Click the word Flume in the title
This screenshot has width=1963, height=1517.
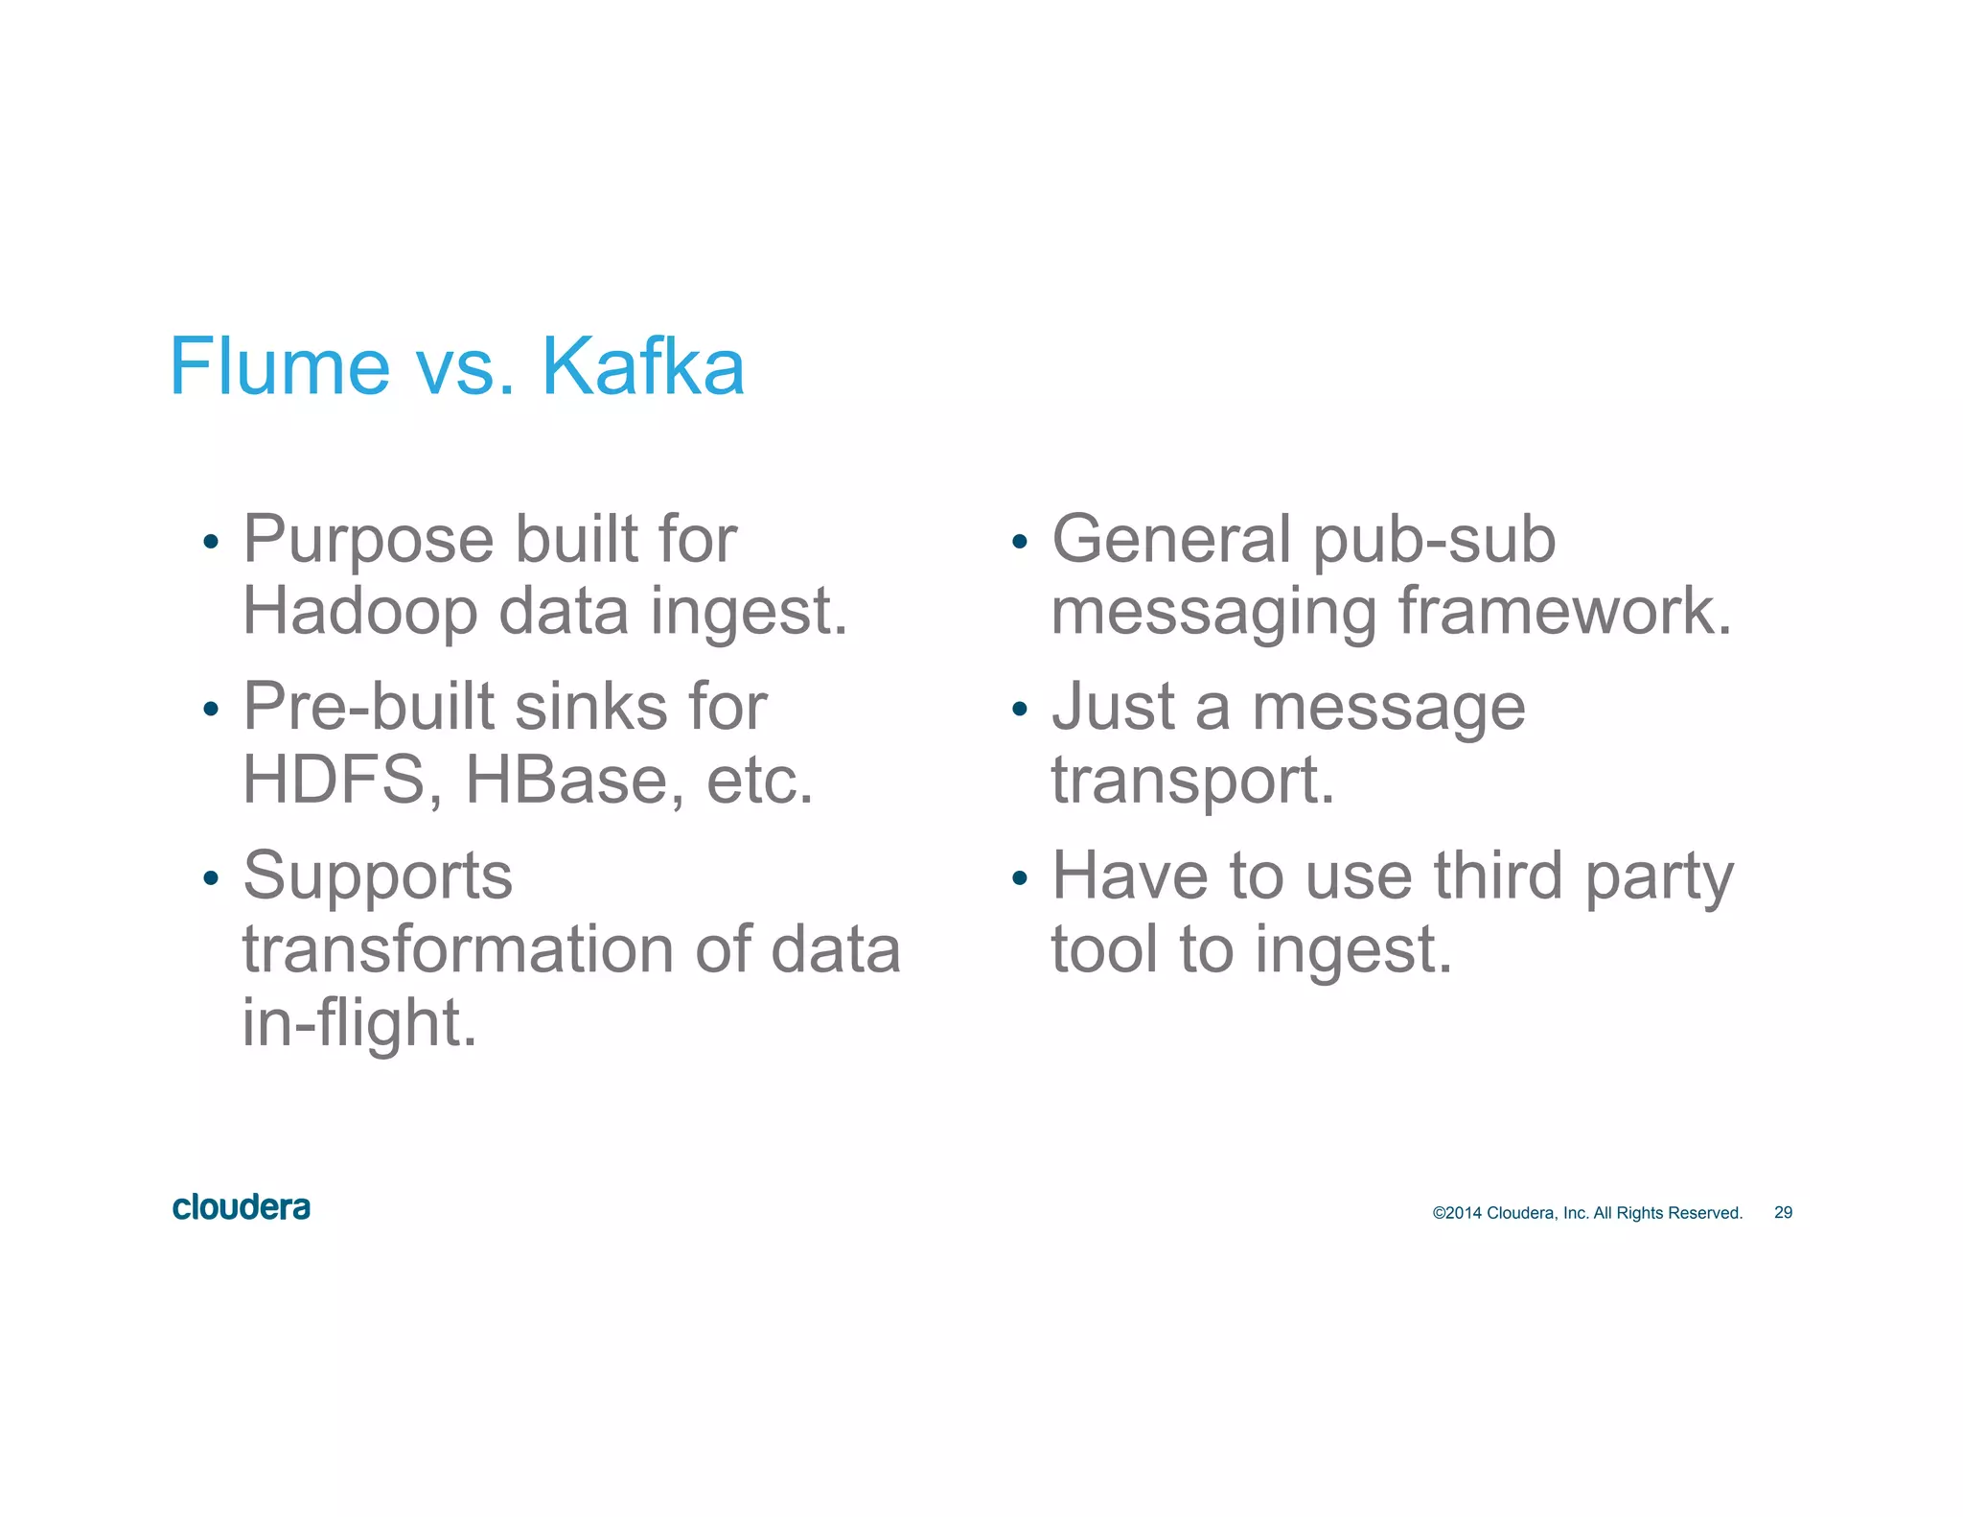click(x=279, y=366)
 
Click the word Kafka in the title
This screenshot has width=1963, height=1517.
click(x=643, y=366)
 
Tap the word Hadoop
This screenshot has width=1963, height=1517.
click(x=359, y=612)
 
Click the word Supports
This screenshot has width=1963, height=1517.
click(x=378, y=876)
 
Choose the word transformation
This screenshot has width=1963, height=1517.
click(x=458, y=949)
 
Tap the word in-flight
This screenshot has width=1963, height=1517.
click(x=359, y=1022)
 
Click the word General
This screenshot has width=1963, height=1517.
click(x=1171, y=539)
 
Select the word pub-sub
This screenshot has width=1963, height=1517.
click(x=1434, y=539)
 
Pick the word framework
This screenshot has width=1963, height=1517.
click(x=1565, y=612)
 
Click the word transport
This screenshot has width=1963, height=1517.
click(x=1192, y=780)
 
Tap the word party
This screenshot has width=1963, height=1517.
click(x=1659, y=876)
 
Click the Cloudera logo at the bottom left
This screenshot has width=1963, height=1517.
click(x=242, y=1207)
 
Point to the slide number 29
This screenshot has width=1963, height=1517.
click(x=1783, y=1213)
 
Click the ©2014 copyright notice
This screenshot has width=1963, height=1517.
click(x=1586, y=1213)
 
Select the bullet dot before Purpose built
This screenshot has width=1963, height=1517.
click(x=212, y=543)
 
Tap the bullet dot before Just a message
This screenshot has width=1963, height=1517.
click(x=1020, y=711)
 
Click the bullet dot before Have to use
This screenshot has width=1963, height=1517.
click(x=1020, y=878)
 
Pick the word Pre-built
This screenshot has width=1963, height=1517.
click(x=368, y=708)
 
